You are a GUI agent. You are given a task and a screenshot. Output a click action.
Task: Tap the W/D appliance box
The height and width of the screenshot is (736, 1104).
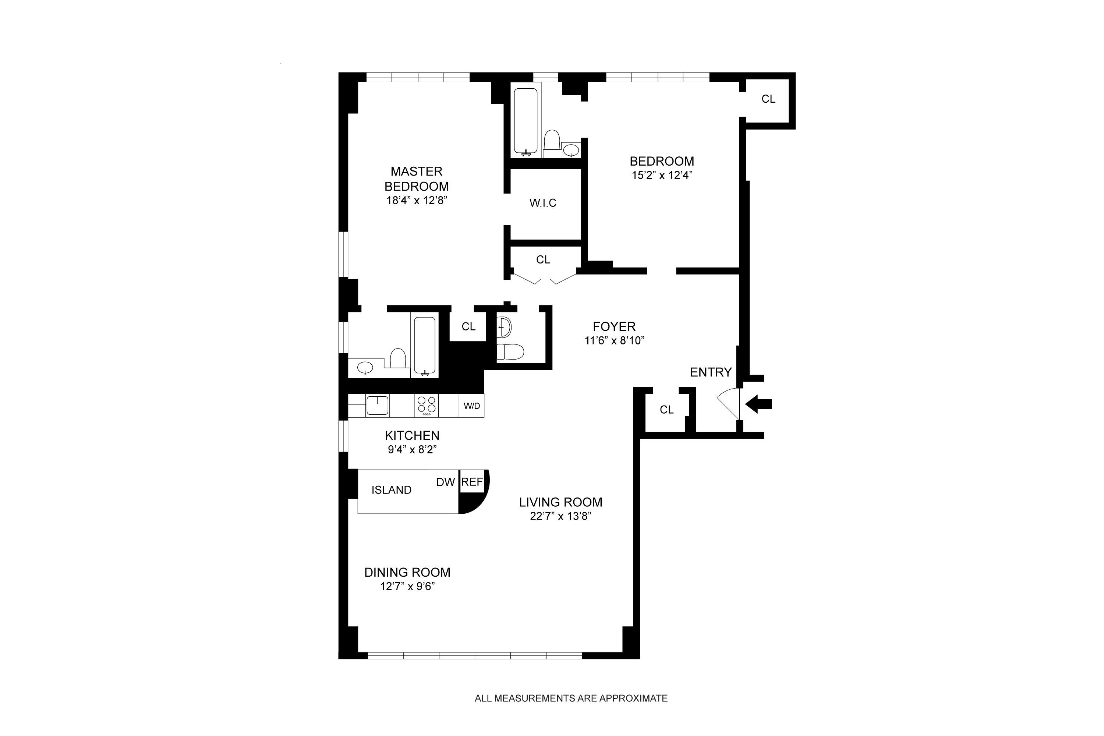click(472, 406)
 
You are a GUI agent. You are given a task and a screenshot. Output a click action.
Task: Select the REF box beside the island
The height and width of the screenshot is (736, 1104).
click(472, 482)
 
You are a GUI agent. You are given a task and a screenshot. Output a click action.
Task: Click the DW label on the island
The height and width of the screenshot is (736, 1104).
click(445, 482)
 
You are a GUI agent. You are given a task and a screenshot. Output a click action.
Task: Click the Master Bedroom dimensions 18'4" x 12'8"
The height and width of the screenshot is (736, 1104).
click(416, 201)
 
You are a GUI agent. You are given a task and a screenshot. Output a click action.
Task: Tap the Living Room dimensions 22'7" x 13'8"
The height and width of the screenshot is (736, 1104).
click(560, 516)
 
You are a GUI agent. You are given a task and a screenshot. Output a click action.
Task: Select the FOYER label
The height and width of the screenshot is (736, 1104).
click(614, 326)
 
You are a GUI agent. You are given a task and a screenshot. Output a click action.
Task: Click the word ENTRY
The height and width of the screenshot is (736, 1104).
click(711, 372)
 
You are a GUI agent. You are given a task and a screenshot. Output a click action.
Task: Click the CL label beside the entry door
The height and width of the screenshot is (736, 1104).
click(666, 410)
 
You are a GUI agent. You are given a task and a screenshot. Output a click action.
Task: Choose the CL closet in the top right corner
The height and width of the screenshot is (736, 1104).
click(768, 99)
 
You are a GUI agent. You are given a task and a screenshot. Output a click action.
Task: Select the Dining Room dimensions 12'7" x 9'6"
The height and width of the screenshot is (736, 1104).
click(407, 586)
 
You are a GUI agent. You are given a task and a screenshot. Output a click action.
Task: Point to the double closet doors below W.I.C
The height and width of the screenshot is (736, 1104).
click(543, 280)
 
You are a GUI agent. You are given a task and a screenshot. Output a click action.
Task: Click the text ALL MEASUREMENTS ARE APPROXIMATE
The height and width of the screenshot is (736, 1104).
click(571, 698)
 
